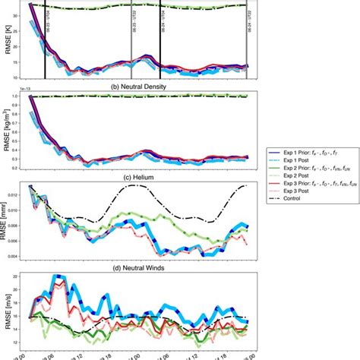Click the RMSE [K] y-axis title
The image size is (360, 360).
point(7,39)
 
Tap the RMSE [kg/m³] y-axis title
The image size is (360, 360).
point(7,131)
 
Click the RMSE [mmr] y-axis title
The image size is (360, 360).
point(7,222)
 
